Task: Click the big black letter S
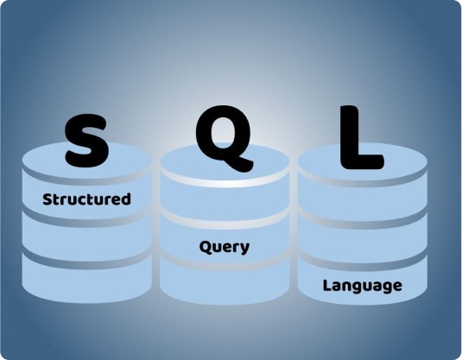tap(86, 141)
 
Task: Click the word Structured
tap(86, 199)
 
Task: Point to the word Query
tap(225, 247)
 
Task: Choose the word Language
tap(363, 286)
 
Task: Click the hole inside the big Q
tap(223, 133)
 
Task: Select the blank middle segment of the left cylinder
tap(86, 238)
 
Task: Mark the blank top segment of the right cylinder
tap(363, 199)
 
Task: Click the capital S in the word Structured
tap(47, 199)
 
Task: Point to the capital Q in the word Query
tap(205, 247)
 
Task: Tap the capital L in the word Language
tap(327, 285)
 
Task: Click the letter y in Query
tap(244, 249)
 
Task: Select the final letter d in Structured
tap(126, 199)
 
